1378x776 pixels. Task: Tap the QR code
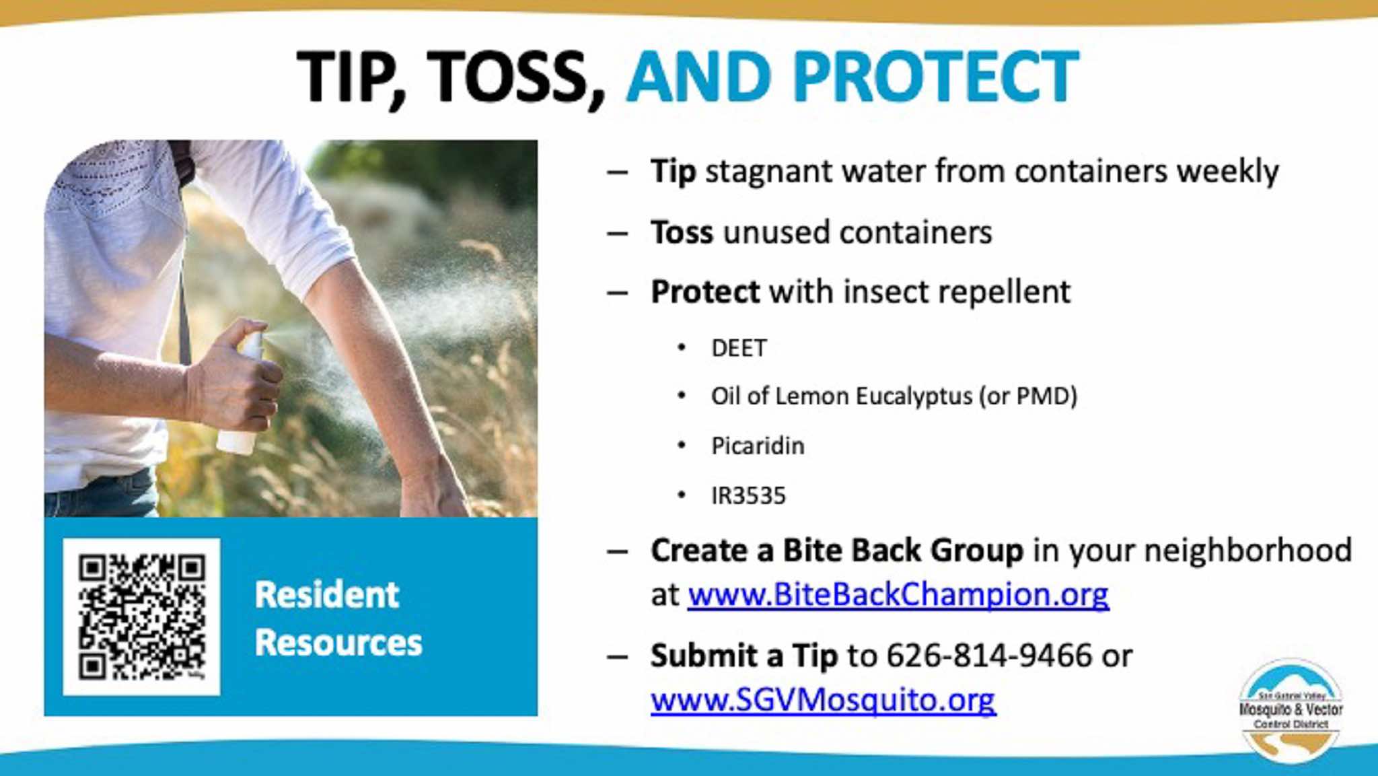[x=142, y=616]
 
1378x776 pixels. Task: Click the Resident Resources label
[x=338, y=619]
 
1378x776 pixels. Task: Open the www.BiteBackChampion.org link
[x=898, y=594]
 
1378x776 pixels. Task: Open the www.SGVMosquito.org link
[x=824, y=700]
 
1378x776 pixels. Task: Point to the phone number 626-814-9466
[x=989, y=656]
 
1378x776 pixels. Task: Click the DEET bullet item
[x=739, y=348]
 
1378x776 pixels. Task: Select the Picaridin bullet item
[x=758, y=446]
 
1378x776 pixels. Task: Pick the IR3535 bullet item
[x=748, y=495]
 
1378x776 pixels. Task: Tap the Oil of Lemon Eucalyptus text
[x=841, y=396]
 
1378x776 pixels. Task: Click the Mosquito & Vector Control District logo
[x=1291, y=710]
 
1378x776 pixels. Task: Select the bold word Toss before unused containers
[x=682, y=233]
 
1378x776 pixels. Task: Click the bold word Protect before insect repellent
[x=705, y=292]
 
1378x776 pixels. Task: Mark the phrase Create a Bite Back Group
[x=837, y=551]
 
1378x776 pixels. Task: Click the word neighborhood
[x=1248, y=551]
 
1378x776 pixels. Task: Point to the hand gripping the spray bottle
[x=235, y=377]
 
